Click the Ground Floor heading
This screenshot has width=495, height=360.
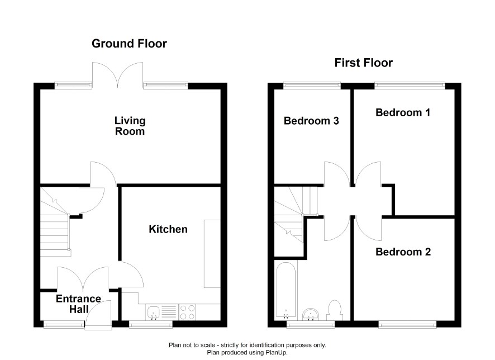tap(129, 44)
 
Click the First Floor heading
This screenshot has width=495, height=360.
tap(363, 63)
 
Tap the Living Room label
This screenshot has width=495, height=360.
tap(130, 126)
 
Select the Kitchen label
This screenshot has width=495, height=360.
tap(168, 229)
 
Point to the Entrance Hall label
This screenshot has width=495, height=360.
tap(79, 304)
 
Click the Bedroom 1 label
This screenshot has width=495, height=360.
tap(403, 112)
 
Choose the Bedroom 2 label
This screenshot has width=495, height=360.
tap(403, 252)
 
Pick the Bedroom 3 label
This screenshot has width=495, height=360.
tap(311, 121)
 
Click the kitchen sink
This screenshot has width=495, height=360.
tap(154, 312)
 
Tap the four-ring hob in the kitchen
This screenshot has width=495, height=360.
tap(187, 312)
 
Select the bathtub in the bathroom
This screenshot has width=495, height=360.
tap(286, 290)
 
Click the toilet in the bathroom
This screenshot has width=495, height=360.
tap(334, 310)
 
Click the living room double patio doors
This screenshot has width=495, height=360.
tap(118, 75)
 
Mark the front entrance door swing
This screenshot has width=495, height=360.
tap(98, 315)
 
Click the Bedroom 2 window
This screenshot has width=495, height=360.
tap(407, 324)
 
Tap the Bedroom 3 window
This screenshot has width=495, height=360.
tap(312, 85)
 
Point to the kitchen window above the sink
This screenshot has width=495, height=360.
tap(151, 324)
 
